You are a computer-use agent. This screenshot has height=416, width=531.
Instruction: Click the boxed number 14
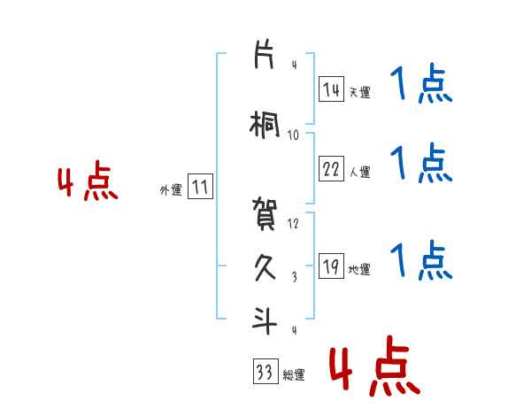click(331, 89)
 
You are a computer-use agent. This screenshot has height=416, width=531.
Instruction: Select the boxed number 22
click(331, 169)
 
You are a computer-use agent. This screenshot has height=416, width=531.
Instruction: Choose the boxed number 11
click(201, 188)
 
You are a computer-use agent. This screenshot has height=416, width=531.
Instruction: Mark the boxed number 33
click(265, 373)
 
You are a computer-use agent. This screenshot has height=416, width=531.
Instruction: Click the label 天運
click(359, 91)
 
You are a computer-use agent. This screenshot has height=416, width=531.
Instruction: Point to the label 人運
click(359, 172)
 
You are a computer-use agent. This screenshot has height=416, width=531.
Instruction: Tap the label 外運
click(171, 189)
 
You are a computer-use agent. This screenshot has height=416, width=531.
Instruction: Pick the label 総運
click(294, 375)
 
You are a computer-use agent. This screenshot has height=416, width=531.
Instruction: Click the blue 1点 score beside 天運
click(421, 87)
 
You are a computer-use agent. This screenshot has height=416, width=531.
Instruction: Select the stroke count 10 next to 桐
click(293, 135)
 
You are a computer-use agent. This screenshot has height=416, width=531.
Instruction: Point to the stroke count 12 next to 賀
click(293, 223)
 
